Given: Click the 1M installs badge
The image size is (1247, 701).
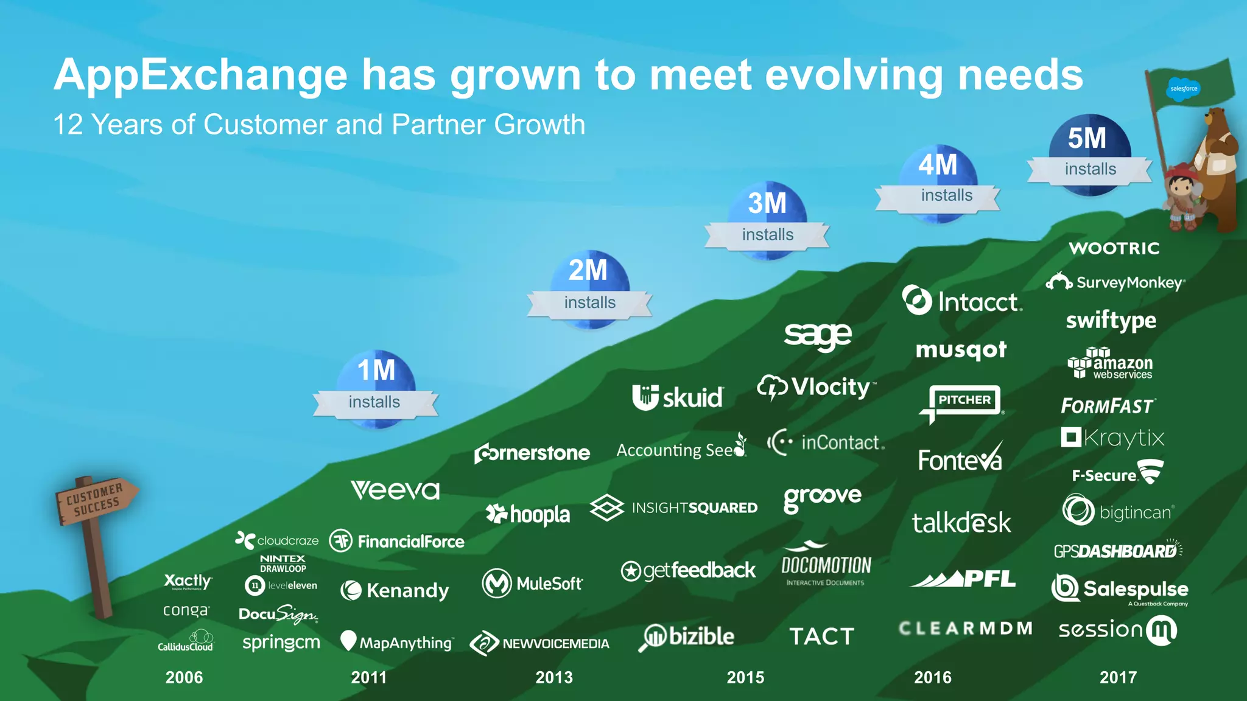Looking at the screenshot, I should [376, 389].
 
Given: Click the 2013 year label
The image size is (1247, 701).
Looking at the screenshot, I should [554, 677].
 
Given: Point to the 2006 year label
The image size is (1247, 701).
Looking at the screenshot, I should [184, 677].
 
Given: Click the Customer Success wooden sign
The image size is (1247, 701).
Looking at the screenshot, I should [96, 500].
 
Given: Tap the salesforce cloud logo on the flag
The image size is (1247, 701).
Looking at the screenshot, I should [1183, 89].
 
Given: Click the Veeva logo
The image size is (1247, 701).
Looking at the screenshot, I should [395, 490].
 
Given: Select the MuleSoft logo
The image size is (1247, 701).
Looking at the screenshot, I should [532, 584].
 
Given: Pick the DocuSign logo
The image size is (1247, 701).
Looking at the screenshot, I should [278, 614].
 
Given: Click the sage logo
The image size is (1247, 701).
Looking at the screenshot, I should [818, 335].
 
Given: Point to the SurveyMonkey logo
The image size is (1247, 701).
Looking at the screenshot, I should [1115, 282].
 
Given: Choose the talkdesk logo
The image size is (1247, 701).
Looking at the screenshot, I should [961, 523].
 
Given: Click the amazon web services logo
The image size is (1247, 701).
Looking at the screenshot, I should [1110, 364].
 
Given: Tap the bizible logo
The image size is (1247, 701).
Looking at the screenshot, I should [689, 637].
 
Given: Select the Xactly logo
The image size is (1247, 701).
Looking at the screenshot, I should [188, 581].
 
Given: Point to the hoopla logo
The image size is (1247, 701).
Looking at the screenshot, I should [528, 515].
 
